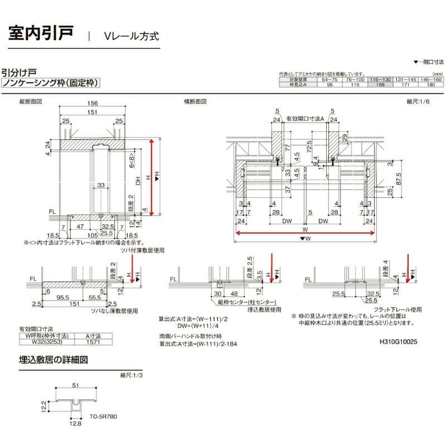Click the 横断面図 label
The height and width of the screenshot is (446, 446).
click(195, 102)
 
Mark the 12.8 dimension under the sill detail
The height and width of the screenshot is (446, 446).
click(76, 424)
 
